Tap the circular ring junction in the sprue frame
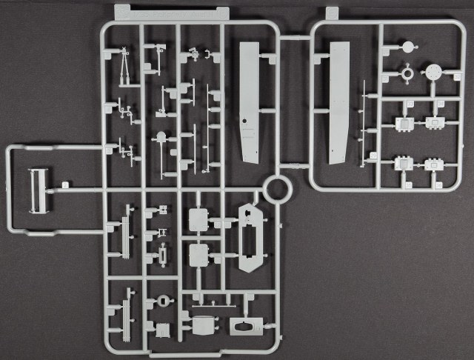click(278, 189)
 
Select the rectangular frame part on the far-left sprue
click(38, 190)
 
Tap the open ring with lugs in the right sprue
click(407, 74)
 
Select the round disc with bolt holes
click(434, 73)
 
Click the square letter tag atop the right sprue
click(332, 13)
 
